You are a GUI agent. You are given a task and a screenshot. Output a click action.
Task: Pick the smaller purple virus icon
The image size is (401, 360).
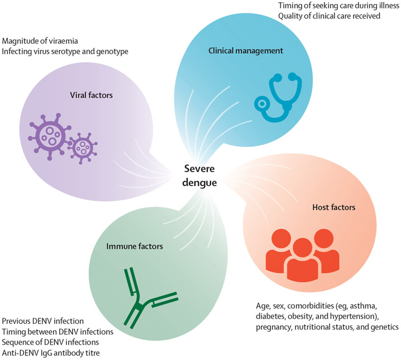(x=83, y=148)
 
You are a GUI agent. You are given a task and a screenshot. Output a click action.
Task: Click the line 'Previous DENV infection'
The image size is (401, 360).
(x=43, y=321)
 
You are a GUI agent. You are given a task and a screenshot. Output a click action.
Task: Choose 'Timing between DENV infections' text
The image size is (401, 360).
(x=58, y=332)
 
